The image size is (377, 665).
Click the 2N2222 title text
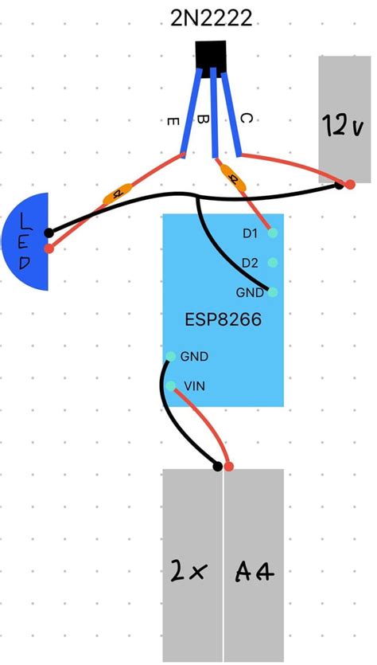point(212,18)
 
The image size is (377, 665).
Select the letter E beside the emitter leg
point(171,121)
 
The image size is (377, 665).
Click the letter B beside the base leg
point(202,120)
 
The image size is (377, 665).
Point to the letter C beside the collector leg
point(246,119)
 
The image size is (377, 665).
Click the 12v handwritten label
point(344,123)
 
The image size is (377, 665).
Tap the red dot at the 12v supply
point(350,185)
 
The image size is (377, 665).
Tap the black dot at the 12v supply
point(340,186)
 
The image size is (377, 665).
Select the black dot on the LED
point(49,233)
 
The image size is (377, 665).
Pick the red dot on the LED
point(49,248)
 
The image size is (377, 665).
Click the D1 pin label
point(250,233)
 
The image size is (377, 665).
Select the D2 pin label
point(250,263)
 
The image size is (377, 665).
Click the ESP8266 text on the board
point(223,321)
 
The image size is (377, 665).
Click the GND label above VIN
point(195,357)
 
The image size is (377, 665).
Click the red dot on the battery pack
point(228,466)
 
